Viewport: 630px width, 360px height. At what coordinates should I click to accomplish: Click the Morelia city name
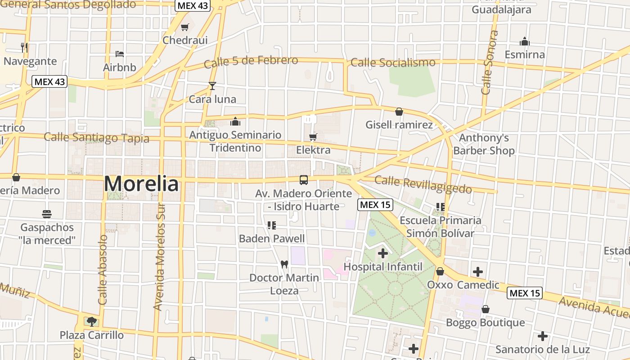point(141,184)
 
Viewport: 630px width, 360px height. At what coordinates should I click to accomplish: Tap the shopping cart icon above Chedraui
point(184,27)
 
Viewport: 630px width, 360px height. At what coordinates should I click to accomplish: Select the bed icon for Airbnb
point(120,54)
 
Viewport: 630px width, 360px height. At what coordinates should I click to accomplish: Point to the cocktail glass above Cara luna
point(212,85)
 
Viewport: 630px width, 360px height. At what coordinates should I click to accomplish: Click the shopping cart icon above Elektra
point(313,137)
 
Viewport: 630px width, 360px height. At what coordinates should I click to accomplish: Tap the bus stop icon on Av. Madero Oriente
point(304,180)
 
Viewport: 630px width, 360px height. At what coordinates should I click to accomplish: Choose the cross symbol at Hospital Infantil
point(383,254)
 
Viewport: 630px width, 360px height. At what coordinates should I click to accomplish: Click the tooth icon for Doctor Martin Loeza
point(284,265)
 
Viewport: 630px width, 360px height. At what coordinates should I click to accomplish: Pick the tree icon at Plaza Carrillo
point(92,321)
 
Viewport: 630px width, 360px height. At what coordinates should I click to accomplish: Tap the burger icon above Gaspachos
point(47,214)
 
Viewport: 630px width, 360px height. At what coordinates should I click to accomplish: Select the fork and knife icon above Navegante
point(24,47)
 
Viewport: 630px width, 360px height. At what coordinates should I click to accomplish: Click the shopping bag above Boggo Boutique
point(485,309)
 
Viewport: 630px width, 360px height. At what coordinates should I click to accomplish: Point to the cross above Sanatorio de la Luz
point(543,336)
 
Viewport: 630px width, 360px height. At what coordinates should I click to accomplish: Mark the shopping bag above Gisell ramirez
point(399,112)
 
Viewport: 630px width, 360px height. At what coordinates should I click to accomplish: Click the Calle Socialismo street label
point(393,63)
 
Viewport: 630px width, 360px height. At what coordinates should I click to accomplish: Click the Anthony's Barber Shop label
point(484,144)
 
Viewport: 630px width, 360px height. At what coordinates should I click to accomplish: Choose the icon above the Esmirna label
point(525,42)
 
